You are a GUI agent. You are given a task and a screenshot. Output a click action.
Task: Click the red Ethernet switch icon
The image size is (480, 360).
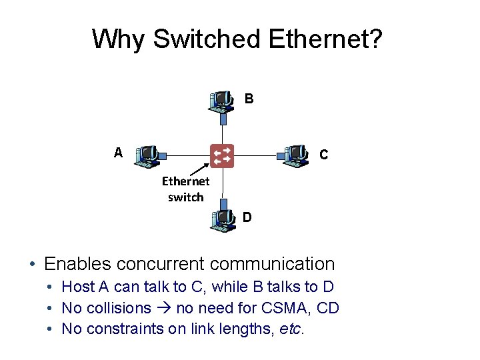[x=223, y=155]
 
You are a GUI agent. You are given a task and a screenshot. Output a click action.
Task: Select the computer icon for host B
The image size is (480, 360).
[x=221, y=100]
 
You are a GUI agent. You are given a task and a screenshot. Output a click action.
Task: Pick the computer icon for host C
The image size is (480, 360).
[x=295, y=156]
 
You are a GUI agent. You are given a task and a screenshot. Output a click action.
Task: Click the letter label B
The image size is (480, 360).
[x=249, y=99]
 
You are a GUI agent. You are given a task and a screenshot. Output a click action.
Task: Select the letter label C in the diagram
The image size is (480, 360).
[x=323, y=155]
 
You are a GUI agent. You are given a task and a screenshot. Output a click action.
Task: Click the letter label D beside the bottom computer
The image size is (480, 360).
[x=247, y=217]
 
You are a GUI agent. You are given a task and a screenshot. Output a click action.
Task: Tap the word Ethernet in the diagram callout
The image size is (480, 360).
[x=185, y=181]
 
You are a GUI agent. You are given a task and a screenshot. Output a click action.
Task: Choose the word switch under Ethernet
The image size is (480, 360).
[x=186, y=197]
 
